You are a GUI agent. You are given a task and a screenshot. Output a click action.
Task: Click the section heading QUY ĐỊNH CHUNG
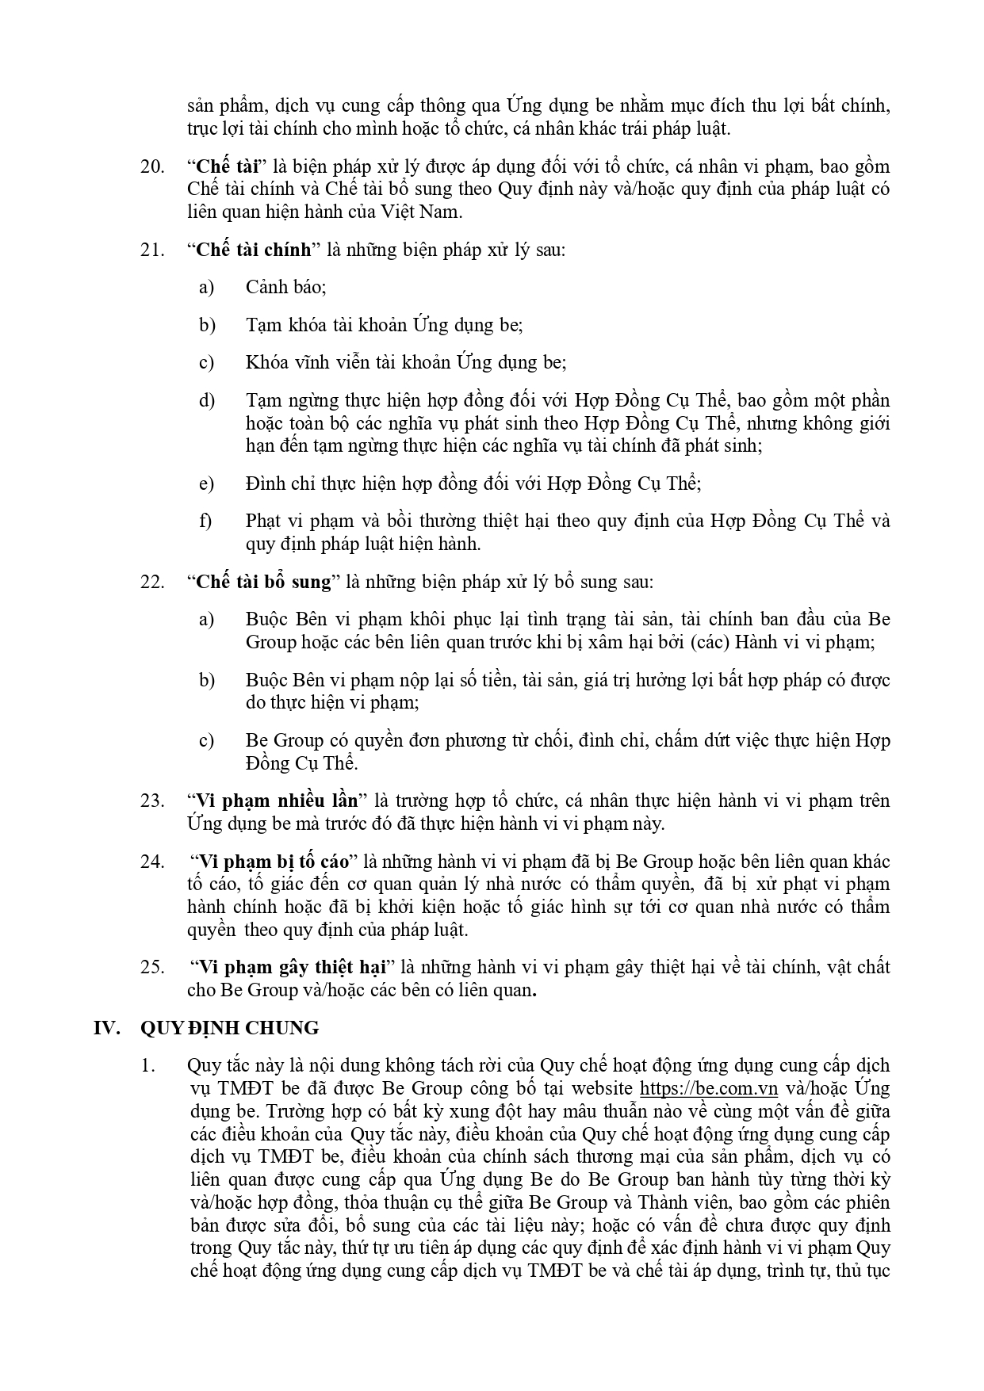(x=229, y=1028)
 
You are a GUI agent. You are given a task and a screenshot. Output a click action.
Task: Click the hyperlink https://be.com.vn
(x=708, y=1087)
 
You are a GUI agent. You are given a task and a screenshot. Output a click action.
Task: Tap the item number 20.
(x=152, y=166)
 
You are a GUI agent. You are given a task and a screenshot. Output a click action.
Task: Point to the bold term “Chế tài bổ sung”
(x=263, y=582)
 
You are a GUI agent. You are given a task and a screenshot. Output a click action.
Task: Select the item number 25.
(x=152, y=967)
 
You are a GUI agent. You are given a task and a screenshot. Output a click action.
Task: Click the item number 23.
(x=152, y=801)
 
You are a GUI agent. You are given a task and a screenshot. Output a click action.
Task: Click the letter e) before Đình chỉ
(x=206, y=483)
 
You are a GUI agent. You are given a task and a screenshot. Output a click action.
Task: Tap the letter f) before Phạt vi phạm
(x=205, y=521)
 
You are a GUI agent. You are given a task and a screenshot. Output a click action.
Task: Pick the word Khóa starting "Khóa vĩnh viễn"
(x=267, y=362)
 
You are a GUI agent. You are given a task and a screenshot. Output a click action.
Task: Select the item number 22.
(x=152, y=582)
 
